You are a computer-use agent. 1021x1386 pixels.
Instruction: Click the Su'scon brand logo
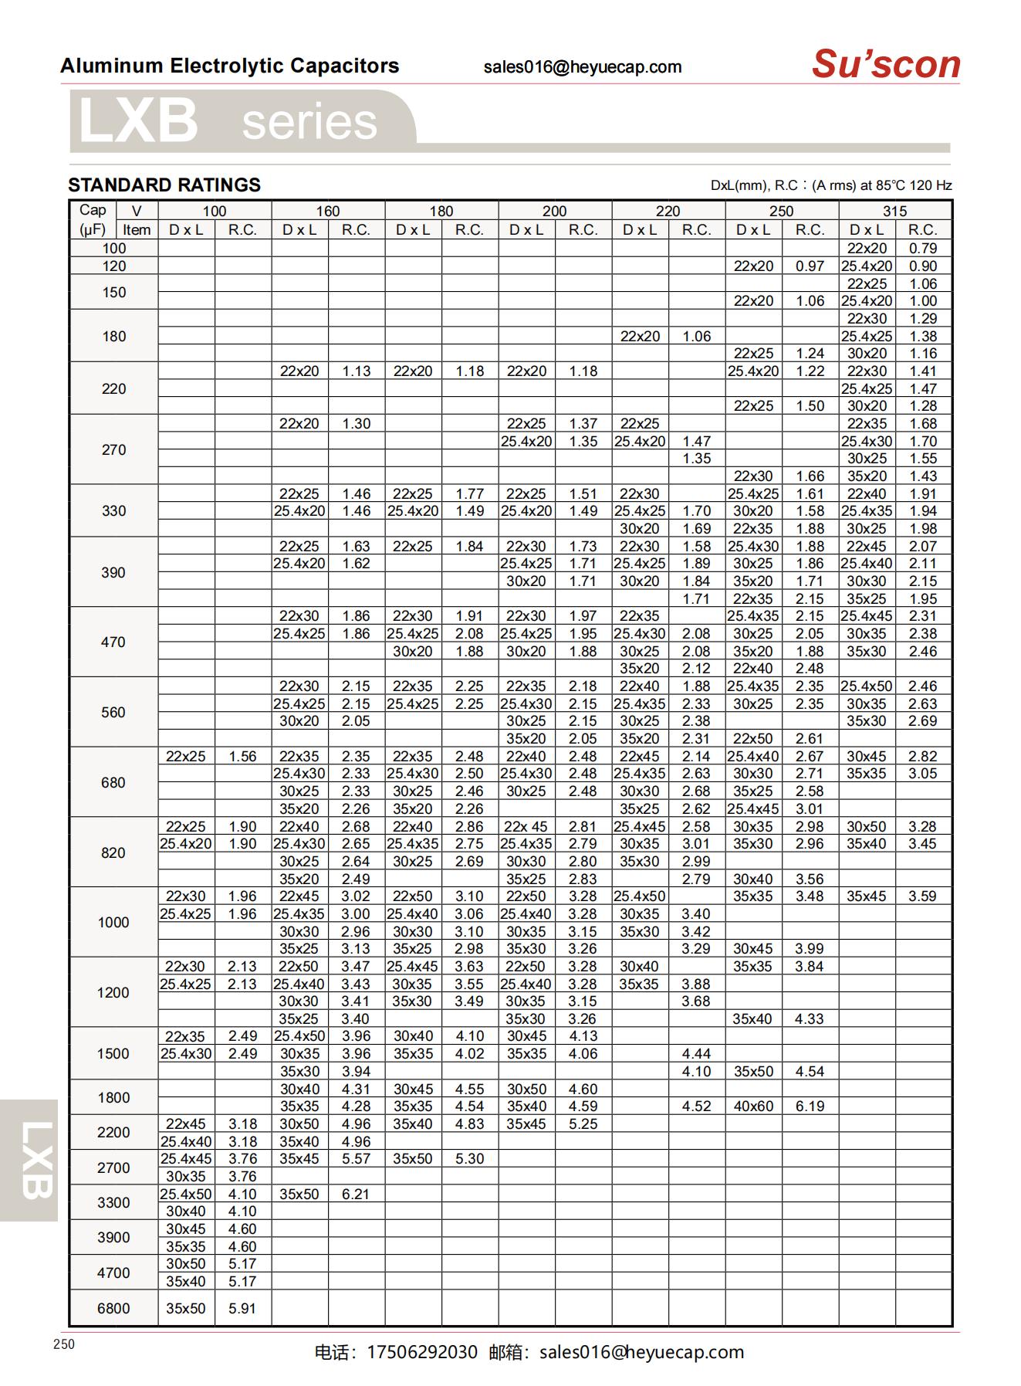tap(885, 64)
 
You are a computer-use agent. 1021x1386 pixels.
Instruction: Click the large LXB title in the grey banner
tap(138, 121)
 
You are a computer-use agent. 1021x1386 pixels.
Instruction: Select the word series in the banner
tap(309, 123)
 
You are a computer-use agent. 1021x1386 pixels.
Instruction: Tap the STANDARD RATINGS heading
tap(164, 185)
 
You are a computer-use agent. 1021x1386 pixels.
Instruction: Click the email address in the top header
tap(583, 67)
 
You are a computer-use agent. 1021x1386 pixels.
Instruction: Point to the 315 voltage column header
tap(894, 211)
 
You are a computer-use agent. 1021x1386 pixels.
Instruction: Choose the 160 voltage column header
tap(327, 211)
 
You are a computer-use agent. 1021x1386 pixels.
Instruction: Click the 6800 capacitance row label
tap(113, 1308)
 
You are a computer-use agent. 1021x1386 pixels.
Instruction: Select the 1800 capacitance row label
tap(113, 1097)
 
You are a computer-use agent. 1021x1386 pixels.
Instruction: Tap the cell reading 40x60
tap(753, 1106)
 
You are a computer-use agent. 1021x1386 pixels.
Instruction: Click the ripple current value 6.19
tap(810, 1106)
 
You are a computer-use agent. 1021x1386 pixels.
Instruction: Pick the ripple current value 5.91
tap(242, 1308)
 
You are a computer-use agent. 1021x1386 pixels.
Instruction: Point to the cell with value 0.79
tap(923, 249)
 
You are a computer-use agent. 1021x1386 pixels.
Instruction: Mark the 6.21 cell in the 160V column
tap(356, 1194)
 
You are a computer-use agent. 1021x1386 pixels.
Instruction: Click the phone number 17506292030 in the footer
tap(422, 1352)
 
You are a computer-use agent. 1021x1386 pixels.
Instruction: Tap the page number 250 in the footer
tap(65, 1344)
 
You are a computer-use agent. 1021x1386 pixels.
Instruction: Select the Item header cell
tap(137, 230)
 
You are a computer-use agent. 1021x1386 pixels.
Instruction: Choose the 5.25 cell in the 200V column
tap(583, 1124)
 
